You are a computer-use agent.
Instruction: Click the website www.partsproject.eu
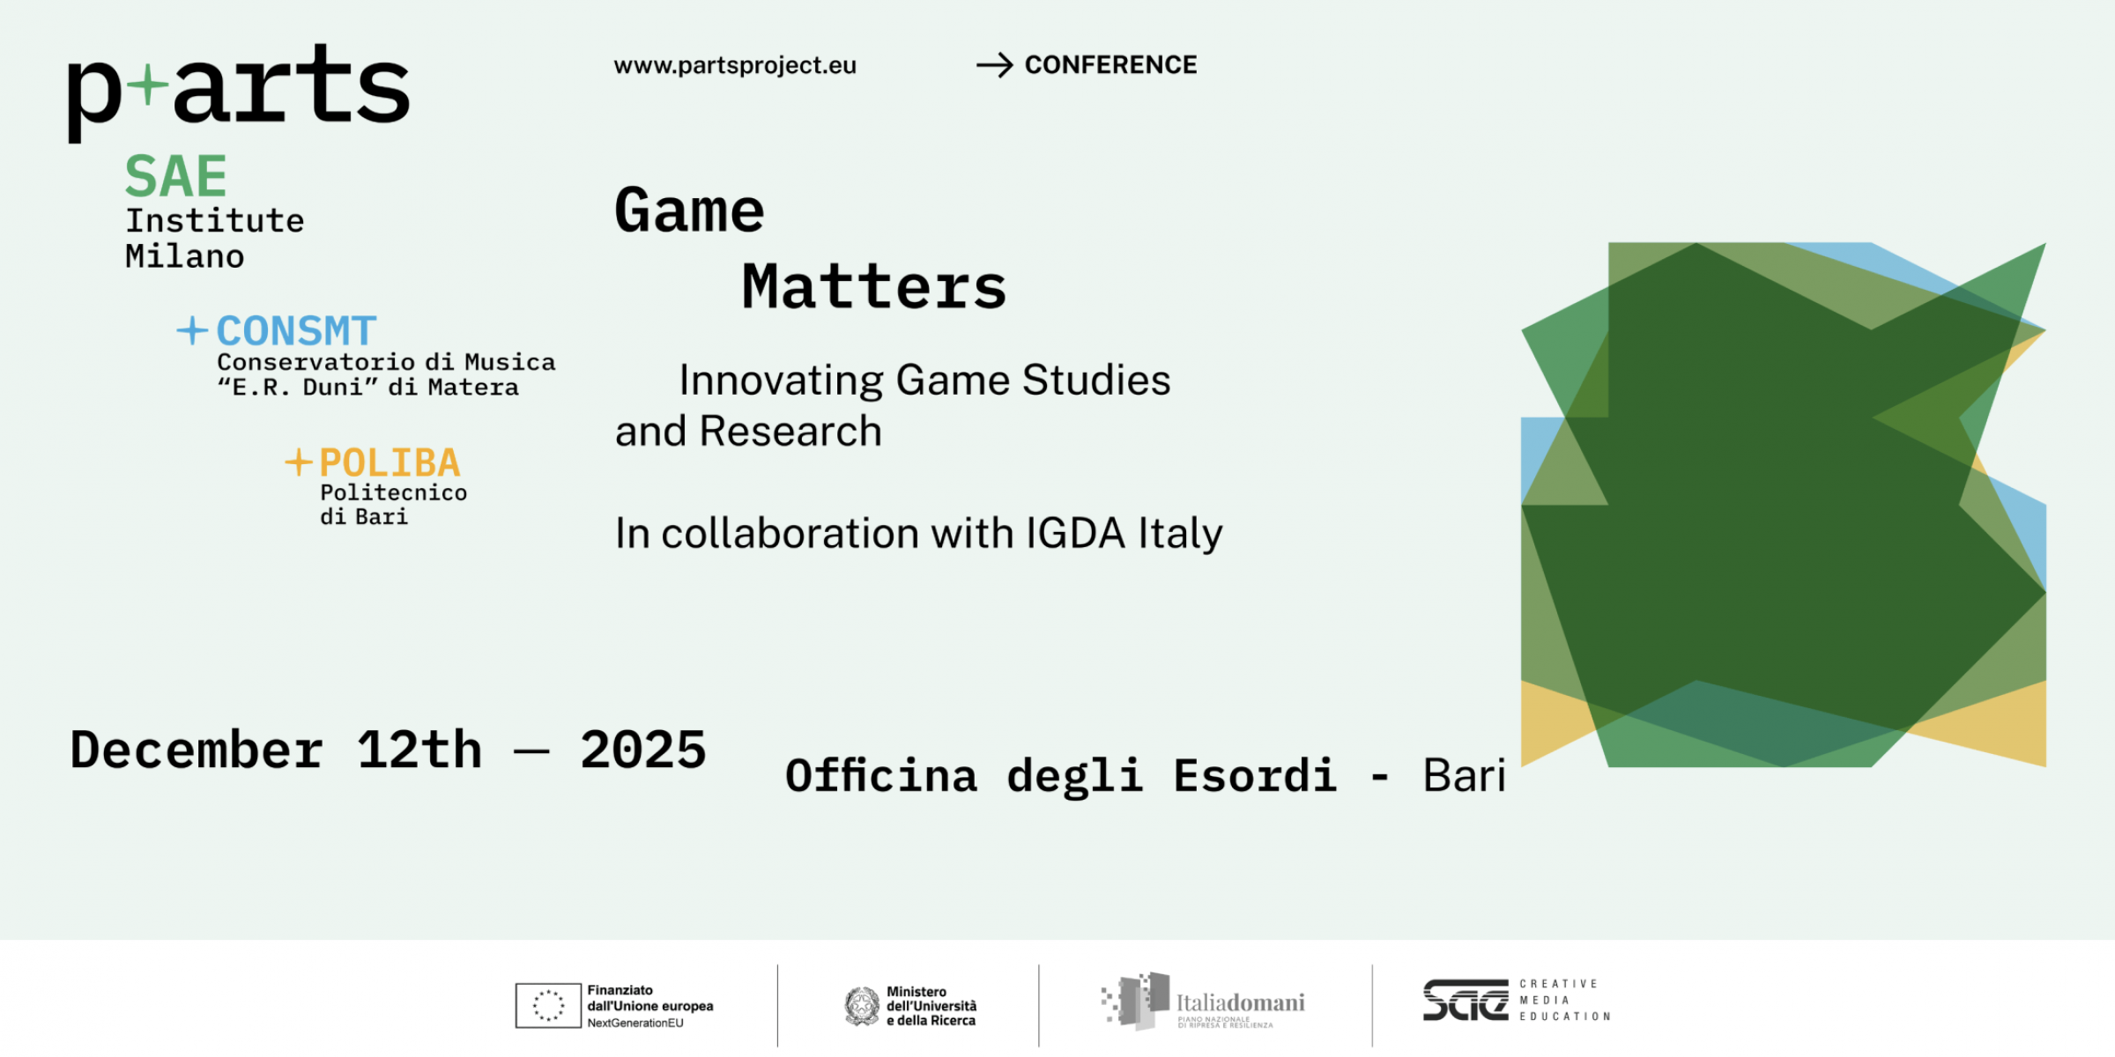coord(735,66)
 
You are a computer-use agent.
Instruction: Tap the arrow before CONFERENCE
coord(995,65)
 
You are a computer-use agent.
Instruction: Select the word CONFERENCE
coord(1110,65)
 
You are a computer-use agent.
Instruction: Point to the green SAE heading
coord(176,177)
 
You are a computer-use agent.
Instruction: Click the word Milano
coord(184,257)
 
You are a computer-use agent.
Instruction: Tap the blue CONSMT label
coord(296,332)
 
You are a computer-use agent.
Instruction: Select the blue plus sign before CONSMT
coord(192,331)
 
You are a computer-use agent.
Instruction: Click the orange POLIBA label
coord(390,463)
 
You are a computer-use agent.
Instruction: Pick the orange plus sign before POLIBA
coord(299,462)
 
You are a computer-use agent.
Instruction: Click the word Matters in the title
coord(873,287)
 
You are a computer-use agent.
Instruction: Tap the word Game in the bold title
coord(689,211)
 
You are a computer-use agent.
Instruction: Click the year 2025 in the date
coord(643,750)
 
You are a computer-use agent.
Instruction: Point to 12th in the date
coord(419,750)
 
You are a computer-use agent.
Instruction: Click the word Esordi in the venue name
coord(1255,776)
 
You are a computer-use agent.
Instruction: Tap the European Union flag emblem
coord(548,1005)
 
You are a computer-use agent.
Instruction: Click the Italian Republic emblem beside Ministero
coord(862,1006)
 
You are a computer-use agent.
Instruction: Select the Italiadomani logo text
coord(1240,1002)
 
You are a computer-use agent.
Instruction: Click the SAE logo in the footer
coord(1465,1001)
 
